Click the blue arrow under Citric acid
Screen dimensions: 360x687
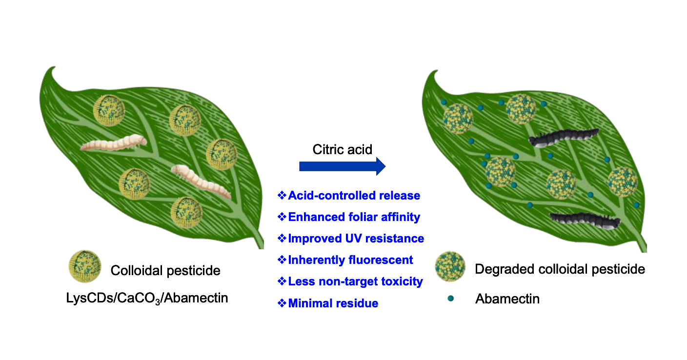point(342,167)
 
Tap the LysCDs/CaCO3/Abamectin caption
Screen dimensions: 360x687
point(147,298)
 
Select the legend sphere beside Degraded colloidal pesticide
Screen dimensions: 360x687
point(449,268)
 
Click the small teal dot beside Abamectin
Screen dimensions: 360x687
point(450,298)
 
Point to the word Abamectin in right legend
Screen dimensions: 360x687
point(507,299)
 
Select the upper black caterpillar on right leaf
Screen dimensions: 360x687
point(563,138)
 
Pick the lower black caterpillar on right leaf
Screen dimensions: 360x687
point(584,221)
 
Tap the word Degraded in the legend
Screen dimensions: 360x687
point(506,269)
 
